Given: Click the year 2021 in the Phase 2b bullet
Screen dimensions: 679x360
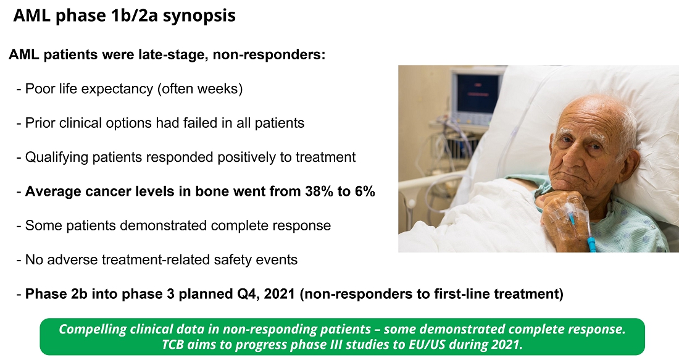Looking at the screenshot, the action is click(x=279, y=294).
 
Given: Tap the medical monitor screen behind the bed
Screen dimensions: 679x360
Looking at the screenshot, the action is click(x=475, y=93).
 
